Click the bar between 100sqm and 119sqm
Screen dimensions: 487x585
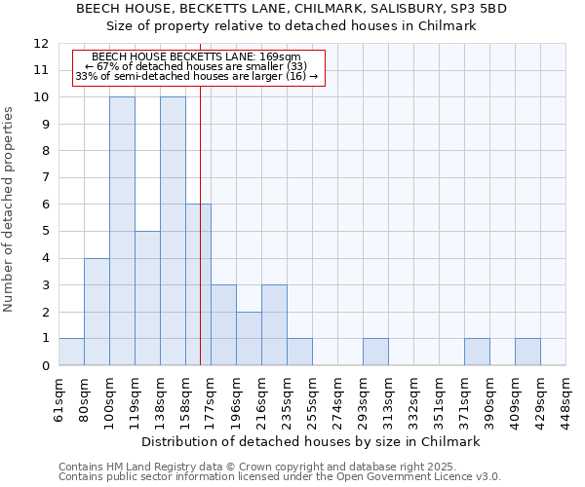click(x=122, y=231)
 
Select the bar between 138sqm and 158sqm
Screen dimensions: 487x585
click(x=173, y=231)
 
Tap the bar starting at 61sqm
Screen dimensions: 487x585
click(x=71, y=352)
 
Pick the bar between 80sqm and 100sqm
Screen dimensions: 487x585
click(x=97, y=312)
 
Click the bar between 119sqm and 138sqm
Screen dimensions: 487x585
click(x=147, y=298)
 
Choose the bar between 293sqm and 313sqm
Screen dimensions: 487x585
click(x=375, y=352)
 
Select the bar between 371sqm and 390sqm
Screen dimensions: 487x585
click(x=477, y=352)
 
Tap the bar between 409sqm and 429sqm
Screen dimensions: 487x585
click(x=527, y=352)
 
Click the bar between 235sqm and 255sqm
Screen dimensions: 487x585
click(x=299, y=352)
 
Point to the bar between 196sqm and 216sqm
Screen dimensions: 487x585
click(x=249, y=338)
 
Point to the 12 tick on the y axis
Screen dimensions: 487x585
click(x=40, y=44)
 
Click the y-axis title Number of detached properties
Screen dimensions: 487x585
click(x=10, y=209)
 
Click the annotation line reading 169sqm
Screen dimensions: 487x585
click(x=196, y=57)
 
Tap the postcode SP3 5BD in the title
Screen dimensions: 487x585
click(x=479, y=8)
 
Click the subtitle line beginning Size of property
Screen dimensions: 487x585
click(x=292, y=26)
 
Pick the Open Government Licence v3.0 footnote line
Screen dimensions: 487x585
click(x=280, y=477)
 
